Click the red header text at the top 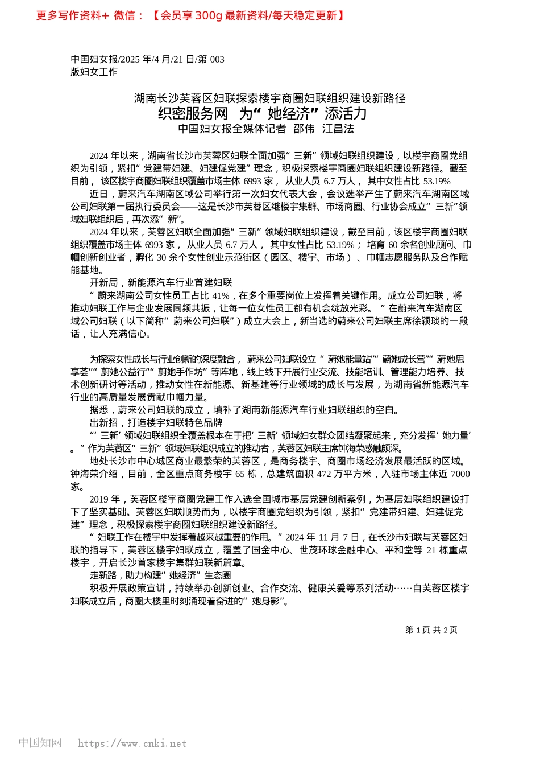190,16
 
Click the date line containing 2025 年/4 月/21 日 147,59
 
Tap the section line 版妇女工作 94,72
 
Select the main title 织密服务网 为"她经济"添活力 262,113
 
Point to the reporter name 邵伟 304,129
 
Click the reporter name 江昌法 338,129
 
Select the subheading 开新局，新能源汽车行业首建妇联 161,283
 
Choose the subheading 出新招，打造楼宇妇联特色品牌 156,423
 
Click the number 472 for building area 323,474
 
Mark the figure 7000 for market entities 460,474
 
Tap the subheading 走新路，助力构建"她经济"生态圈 160,575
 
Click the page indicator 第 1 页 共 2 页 431,630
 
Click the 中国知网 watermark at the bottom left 40,743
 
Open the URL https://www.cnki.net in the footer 132,743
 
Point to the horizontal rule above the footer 270,709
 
